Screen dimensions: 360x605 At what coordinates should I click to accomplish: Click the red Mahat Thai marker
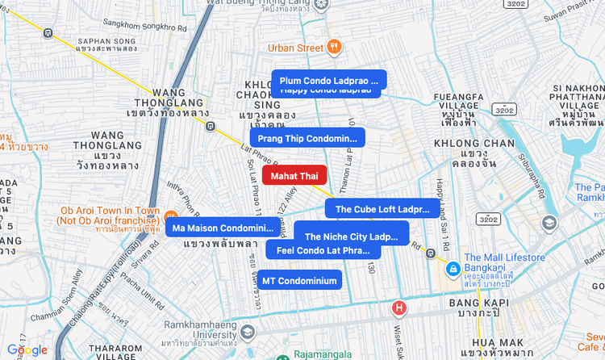tap(294, 175)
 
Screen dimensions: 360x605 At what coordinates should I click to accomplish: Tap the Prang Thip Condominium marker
tap(307, 138)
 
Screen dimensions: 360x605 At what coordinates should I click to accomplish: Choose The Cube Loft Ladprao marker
tap(382, 209)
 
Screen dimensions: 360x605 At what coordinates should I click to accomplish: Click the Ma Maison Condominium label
tap(223, 228)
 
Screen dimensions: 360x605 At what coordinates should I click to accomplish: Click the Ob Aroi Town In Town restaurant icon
tap(171, 216)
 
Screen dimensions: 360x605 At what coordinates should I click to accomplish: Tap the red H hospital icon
tap(398, 308)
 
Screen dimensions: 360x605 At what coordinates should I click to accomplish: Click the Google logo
tap(27, 350)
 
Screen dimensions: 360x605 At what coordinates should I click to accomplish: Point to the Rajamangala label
tap(322, 354)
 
